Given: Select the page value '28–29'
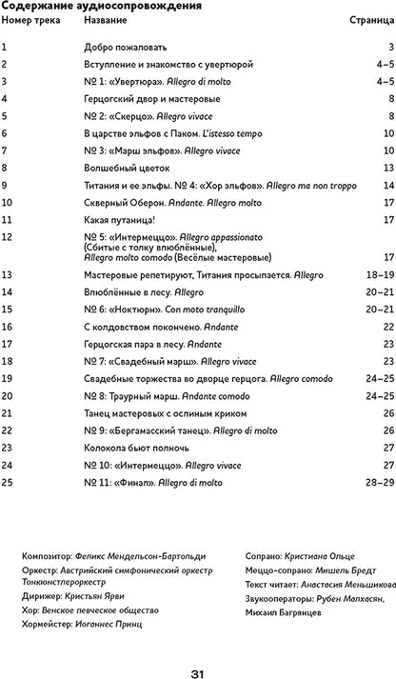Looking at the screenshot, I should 379,482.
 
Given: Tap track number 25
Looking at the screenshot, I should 8,482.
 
